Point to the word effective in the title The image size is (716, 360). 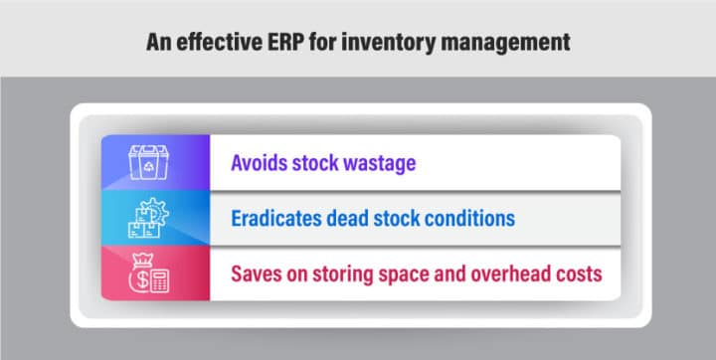[x=220, y=41]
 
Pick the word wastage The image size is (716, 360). [x=381, y=162]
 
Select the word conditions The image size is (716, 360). [x=470, y=218]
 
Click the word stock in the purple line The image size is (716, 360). [x=318, y=162]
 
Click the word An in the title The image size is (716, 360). [x=159, y=41]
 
